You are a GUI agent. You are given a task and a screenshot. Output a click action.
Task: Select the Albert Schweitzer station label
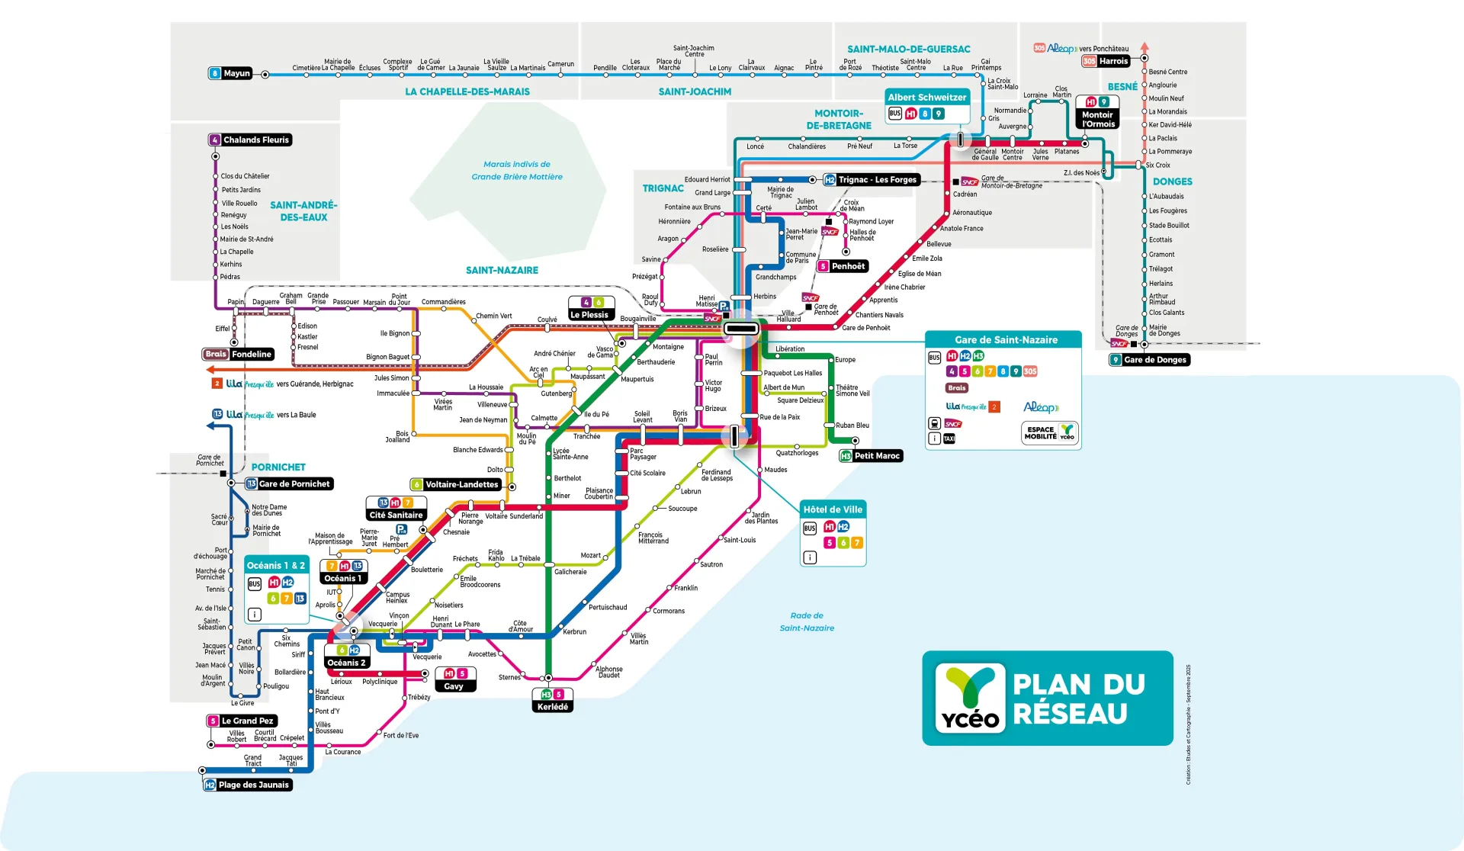[926, 98]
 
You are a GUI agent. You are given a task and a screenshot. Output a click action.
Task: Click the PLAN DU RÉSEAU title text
[1078, 698]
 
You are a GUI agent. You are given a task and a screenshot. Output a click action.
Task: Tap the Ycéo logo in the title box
[969, 698]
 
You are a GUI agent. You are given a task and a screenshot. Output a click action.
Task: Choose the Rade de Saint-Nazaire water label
[807, 621]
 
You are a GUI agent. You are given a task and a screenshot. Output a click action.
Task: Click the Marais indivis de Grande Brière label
[517, 170]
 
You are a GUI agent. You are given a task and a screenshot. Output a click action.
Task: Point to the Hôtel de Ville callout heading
[833, 509]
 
